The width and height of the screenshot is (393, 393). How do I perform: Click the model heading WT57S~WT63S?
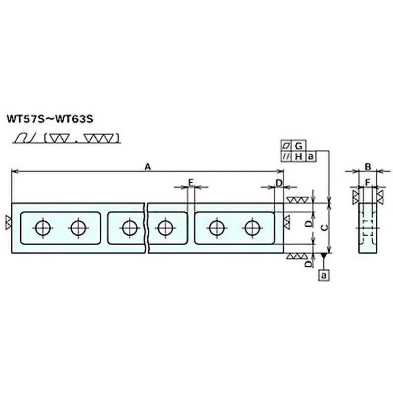(50, 119)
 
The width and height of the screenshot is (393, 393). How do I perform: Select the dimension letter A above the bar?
(148, 166)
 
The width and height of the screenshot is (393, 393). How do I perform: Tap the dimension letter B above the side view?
(367, 167)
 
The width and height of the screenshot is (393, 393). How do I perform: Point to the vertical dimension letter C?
(325, 227)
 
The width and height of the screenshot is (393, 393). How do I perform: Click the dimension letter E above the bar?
(191, 183)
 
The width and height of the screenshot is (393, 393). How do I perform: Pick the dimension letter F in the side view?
(367, 183)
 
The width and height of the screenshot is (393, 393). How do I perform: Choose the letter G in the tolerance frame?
(299, 145)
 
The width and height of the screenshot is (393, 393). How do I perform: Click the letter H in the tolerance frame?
(299, 157)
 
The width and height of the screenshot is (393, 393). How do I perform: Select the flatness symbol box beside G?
(286, 145)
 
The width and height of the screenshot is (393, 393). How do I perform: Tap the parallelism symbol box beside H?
(286, 157)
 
